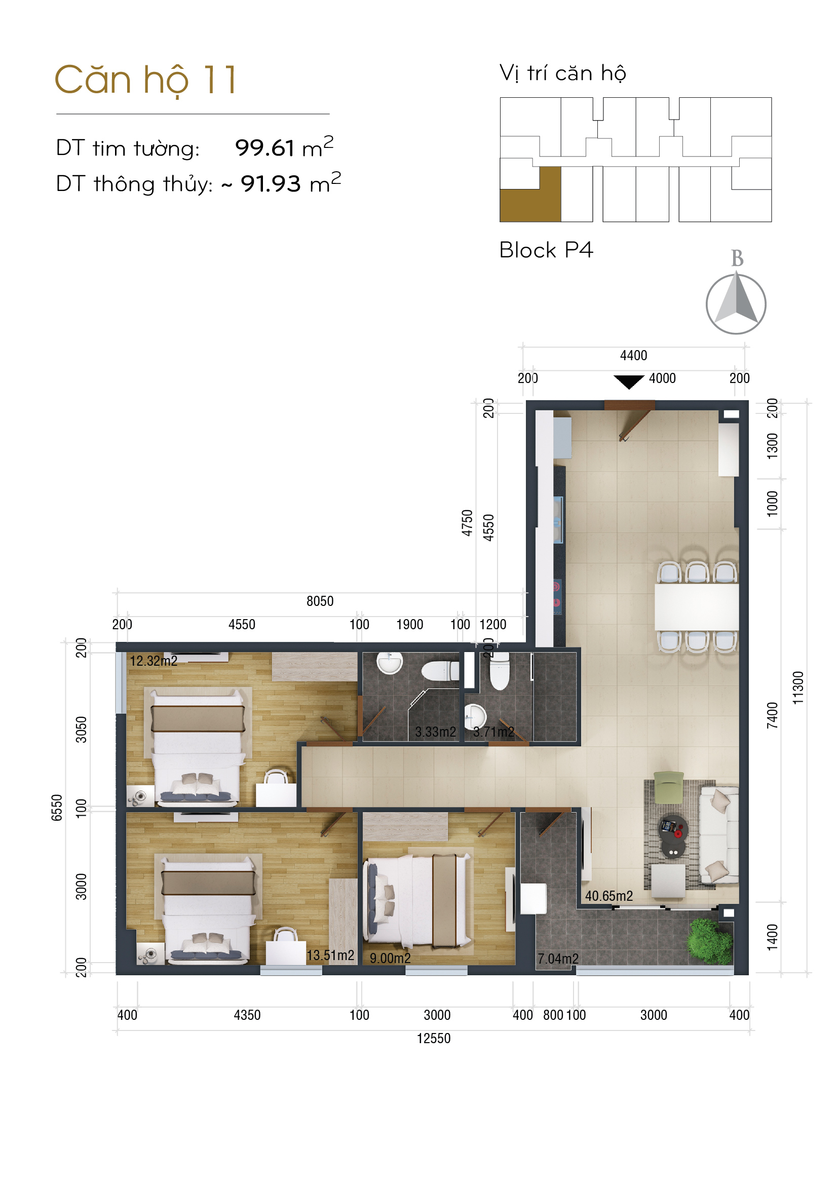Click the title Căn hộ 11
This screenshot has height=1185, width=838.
146,80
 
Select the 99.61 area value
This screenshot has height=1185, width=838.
264,148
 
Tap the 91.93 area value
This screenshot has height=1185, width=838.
271,184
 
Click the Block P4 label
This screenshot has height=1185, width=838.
546,250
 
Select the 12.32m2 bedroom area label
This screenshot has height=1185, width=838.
154,661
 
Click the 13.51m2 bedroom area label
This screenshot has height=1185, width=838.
330,955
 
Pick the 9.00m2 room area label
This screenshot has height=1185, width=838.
390,959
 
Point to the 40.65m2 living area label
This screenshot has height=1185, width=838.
609,896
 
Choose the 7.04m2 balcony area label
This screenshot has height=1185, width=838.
558,959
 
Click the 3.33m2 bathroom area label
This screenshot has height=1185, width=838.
436,732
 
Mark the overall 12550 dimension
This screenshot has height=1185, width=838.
434,1039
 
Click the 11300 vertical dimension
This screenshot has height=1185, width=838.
798,688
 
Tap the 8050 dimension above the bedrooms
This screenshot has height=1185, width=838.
320,601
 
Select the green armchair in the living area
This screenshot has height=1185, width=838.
669,787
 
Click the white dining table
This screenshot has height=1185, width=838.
697,606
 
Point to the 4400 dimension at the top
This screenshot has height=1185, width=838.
633,356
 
